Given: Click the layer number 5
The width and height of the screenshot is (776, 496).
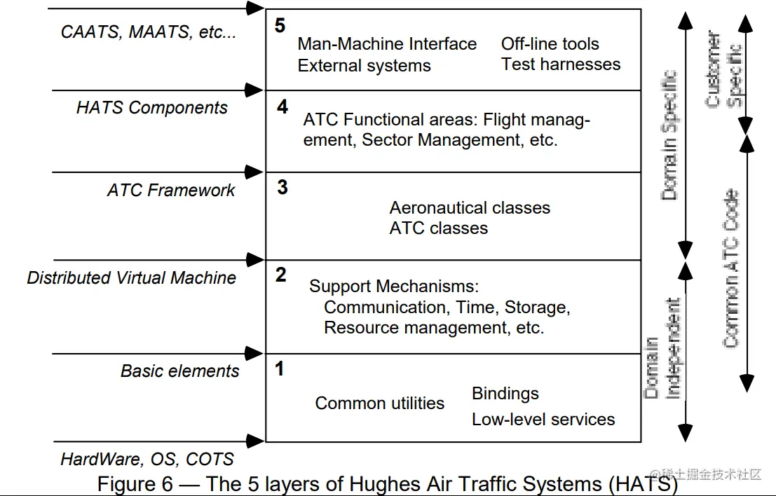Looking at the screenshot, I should (280, 26).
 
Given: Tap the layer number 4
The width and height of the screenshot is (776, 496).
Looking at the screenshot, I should (282, 107).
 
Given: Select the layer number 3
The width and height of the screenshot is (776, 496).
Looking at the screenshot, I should (282, 188).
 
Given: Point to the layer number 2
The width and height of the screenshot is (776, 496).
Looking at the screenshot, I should (280, 275).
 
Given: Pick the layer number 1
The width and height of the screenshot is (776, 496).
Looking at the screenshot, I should (279, 368).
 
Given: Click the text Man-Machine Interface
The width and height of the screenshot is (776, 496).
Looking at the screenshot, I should (387, 44).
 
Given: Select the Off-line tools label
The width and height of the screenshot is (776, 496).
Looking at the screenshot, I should (550, 44).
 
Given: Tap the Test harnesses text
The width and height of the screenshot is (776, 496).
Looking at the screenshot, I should (561, 64).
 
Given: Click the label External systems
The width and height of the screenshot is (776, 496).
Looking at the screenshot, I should (364, 66).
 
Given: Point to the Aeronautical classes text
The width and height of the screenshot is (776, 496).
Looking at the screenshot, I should (470, 208).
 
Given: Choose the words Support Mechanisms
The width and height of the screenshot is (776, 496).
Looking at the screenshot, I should (393, 287).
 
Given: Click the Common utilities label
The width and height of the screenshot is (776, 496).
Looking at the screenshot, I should (379, 404).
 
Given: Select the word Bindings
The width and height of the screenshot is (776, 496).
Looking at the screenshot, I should (505, 394).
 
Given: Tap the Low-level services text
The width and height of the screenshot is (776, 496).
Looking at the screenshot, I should (543, 420).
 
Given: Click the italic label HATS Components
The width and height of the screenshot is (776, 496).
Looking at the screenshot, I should (151, 108).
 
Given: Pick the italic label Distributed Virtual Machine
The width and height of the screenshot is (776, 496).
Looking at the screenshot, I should (131, 278).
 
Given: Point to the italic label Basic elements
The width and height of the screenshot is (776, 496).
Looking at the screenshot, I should (179, 371).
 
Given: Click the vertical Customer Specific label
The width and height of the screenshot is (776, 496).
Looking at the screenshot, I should (724, 69).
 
